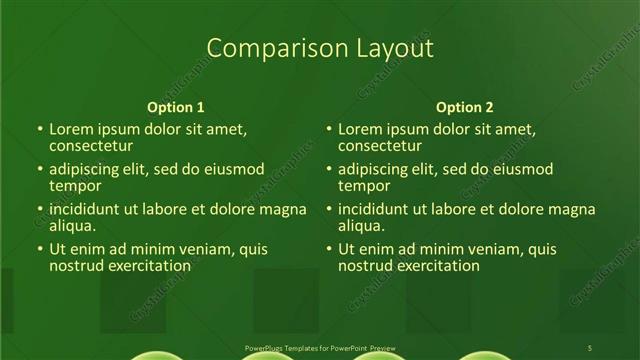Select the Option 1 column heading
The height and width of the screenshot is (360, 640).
pos(176,107)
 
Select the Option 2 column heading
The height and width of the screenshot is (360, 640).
pos(465,107)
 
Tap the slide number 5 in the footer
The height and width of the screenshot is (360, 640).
pos(590,347)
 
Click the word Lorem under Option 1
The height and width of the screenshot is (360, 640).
pos(72,129)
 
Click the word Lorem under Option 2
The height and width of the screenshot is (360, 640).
pos(361,129)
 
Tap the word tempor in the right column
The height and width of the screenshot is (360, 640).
pos(364,186)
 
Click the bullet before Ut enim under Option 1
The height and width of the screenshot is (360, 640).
pos(40,249)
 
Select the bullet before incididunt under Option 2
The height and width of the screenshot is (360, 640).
pos(329,209)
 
